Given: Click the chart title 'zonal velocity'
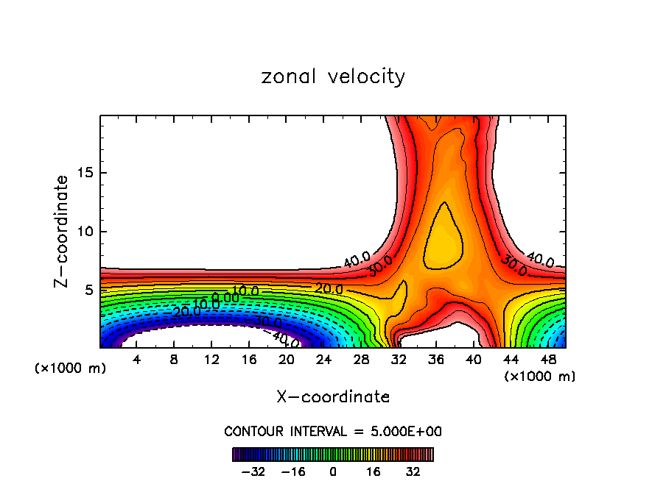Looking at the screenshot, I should point(333,76).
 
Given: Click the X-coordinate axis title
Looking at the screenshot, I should point(333,397).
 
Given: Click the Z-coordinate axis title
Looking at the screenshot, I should point(62,231).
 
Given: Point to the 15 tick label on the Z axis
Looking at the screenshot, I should point(83,173).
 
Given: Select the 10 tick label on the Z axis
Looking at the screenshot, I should point(83,232).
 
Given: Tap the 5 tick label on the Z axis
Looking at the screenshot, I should point(87,291).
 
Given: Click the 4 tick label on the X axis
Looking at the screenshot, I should point(137,360).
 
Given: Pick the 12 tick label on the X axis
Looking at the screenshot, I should point(211,360).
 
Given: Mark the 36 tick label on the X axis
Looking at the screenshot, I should point(435,360).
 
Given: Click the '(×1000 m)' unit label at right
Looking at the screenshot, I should point(540,377).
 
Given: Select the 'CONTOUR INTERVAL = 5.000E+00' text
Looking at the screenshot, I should point(333,431).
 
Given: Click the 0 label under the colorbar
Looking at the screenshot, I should point(333,471).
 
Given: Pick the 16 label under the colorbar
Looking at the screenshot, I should point(374,471).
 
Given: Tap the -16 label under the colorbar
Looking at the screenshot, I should point(294,471).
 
